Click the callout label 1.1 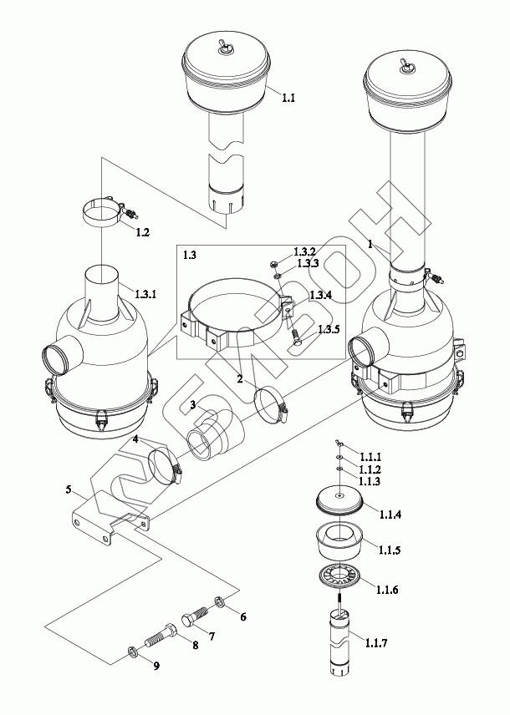point(288,98)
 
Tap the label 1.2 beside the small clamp point(142,232)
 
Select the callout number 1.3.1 point(145,294)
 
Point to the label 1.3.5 point(329,329)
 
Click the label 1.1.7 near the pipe point(376,643)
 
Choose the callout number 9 point(156,667)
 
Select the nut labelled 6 point(219,602)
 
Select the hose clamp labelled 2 point(271,403)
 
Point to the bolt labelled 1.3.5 point(296,337)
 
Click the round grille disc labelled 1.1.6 point(339,576)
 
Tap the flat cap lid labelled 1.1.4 point(339,499)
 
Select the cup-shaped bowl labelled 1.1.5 point(339,541)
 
